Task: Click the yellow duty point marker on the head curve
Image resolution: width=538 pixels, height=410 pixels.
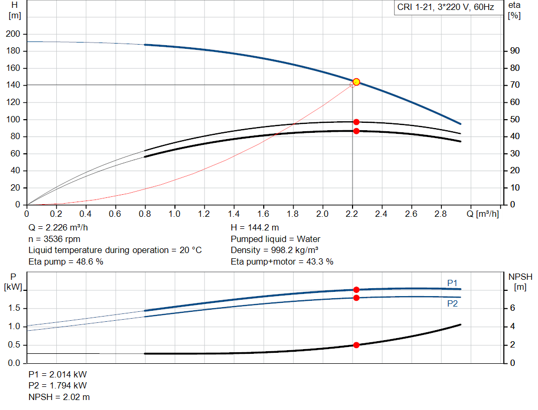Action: click(x=356, y=82)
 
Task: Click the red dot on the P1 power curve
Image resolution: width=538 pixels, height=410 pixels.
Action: click(x=356, y=290)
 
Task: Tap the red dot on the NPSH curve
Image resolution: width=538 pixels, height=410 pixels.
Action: click(x=356, y=345)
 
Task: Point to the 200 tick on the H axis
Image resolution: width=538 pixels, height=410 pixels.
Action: click(x=13, y=34)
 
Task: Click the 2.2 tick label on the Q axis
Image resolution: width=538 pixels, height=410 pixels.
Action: click(x=351, y=214)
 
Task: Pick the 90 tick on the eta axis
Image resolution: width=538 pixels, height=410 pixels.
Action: click(x=515, y=51)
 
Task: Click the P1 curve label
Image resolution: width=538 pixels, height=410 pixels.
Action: click(x=452, y=283)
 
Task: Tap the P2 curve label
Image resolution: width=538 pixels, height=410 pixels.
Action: click(x=452, y=304)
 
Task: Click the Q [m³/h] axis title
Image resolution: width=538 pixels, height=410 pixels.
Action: click(x=483, y=214)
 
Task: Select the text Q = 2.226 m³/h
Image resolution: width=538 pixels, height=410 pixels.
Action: click(x=58, y=228)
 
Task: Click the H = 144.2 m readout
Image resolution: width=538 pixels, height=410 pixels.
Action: click(x=255, y=228)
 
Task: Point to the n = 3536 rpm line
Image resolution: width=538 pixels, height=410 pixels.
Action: click(x=54, y=239)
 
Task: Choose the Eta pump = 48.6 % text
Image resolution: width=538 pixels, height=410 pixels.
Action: click(x=66, y=261)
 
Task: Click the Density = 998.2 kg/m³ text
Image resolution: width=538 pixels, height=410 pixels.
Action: click(x=274, y=250)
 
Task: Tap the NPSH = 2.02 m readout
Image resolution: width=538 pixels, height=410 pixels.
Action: click(x=59, y=397)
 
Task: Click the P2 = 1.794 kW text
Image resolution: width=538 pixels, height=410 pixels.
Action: click(x=58, y=386)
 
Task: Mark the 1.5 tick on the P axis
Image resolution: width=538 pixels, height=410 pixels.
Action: click(x=14, y=308)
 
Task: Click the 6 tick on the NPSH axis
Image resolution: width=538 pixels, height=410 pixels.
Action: click(x=512, y=308)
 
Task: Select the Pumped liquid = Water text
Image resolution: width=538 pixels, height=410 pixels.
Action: click(x=275, y=239)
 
